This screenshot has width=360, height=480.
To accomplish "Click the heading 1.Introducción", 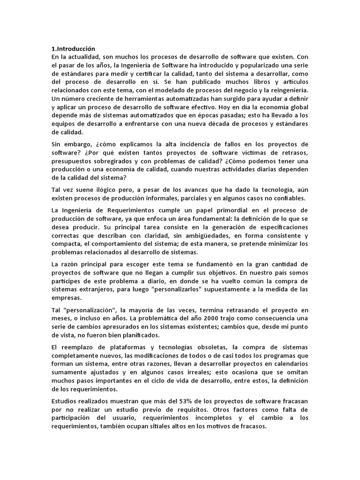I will coord(73,48).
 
